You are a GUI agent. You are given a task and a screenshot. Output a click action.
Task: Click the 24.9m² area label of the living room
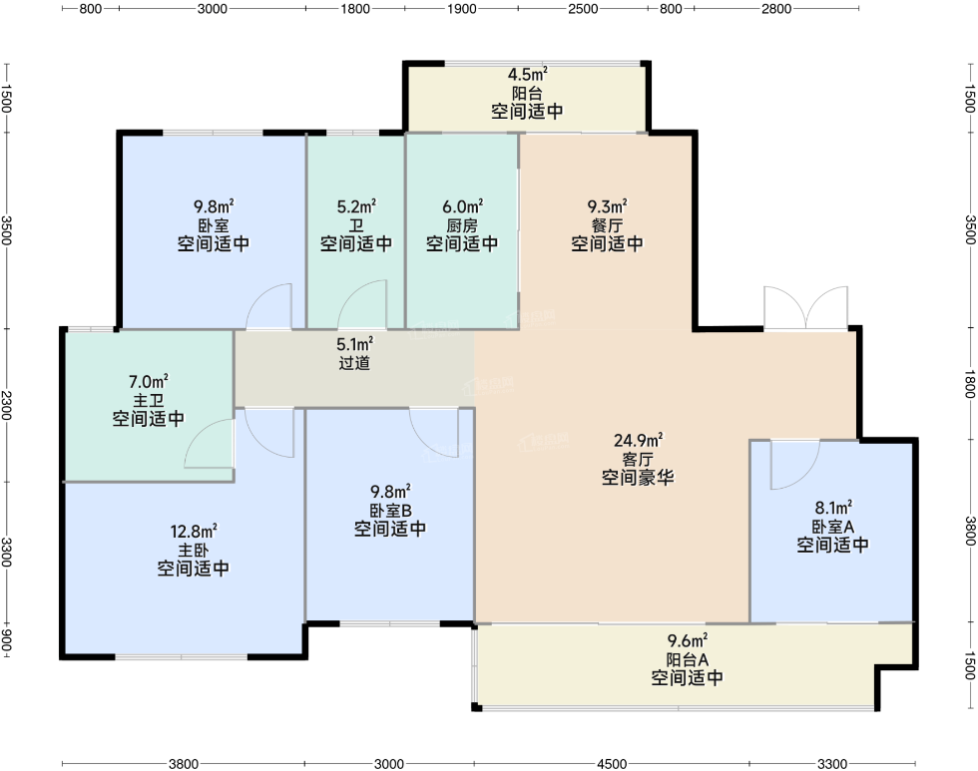pos(638,440)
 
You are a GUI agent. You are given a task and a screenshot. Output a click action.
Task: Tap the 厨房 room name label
pos(461,225)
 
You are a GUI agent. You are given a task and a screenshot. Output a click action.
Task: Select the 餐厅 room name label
pos(607,225)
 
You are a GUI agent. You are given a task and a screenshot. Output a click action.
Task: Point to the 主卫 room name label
pos(149,400)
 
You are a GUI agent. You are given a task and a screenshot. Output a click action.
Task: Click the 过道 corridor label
pos(354,363)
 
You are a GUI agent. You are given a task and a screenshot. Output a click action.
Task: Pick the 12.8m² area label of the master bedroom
pos(194,531)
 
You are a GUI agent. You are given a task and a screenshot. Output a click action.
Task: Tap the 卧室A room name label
pos(832,527)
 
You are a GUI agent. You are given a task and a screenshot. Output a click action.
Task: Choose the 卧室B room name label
pos(390,511)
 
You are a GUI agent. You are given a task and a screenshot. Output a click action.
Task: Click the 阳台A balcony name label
pos(687,659)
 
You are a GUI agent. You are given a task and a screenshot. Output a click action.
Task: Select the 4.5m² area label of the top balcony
pos(527,74)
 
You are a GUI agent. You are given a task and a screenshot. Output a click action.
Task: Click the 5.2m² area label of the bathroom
pos(356,206)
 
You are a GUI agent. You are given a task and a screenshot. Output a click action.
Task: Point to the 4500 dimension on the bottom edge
pos(611,764)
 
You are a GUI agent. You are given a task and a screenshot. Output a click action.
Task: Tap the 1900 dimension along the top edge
pos(461,9)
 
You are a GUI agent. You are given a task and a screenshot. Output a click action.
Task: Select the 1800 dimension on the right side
pos(970,384)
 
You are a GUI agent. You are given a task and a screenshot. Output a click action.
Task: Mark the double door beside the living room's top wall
pos(806,307)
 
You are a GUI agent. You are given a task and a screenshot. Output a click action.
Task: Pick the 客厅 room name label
pos(638,460)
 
